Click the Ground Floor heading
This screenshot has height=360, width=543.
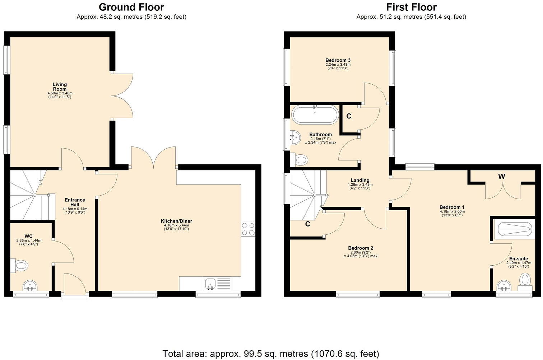131,7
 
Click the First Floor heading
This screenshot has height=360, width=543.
411,7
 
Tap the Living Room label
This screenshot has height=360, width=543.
60,87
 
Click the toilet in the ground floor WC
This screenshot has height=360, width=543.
21,266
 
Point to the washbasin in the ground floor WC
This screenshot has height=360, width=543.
30,286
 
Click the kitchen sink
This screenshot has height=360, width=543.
210,284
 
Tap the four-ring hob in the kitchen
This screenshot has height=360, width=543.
248,229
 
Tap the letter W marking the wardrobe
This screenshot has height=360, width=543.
501,176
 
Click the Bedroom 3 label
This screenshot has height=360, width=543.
338,60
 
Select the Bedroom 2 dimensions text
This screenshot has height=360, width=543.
361,256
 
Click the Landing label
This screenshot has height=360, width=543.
360,180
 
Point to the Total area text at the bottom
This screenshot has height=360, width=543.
271,354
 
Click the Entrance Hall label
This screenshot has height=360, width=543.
75,202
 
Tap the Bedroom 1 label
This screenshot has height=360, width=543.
452,207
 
